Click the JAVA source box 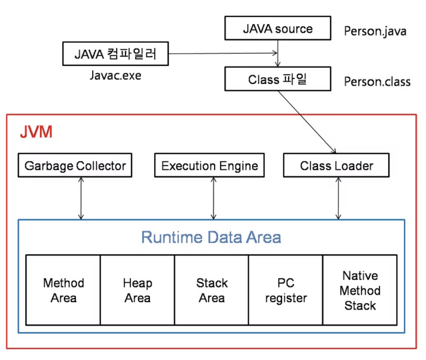pos(278,28)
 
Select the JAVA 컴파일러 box pos(116,54)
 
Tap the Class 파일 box pos(278,79)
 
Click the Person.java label pos(375,31)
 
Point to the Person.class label pos(377,82)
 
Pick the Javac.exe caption pos(116,76)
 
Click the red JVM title pos(36,132)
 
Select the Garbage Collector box pos(75,165)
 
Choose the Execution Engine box pos(209,165)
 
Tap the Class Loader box pos(336,165)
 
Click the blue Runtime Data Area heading pos(211,237)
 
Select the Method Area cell pos(63,290)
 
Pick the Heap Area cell pos(137,290)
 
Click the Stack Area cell pos(212,290)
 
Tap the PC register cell pos(286,290)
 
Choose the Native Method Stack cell pos(360,290)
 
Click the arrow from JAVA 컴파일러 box pos(223,53)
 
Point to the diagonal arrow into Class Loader pos(307,122)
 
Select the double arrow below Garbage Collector pos(81,198)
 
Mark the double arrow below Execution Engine pos(213,198)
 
